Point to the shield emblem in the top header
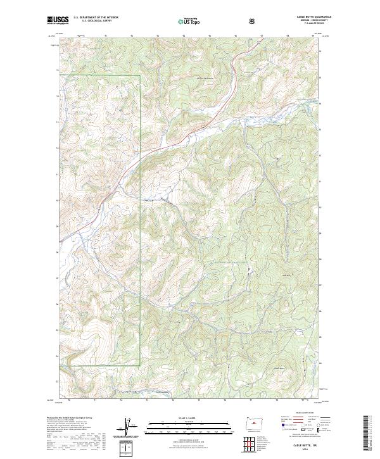pyautogui.click(x=252, y=21)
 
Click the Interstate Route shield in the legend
pyautogui.click(x=277, y=430)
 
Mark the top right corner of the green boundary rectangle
pyautogui.click(x=139, y=75)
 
